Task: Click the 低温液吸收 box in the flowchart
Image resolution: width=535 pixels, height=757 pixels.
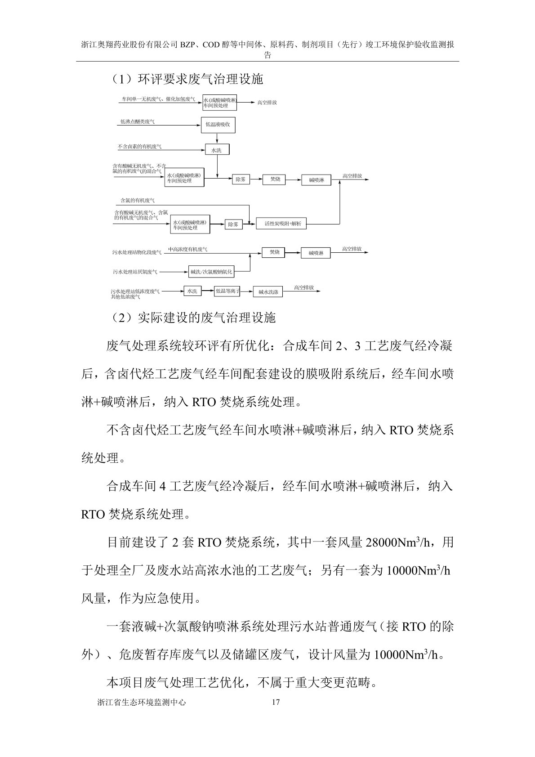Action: pyautogui.click(x=218, y=124)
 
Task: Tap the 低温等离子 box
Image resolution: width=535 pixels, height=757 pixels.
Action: pyautogui.click(x=227, y=291)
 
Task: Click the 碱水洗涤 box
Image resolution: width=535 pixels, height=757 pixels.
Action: pyautogui.click(x=268, y=292)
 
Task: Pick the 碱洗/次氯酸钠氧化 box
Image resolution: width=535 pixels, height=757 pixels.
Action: pyautogui.click(x=211, y=272)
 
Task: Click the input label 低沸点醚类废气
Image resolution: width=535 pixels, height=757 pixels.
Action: pyautogui.click(x=138, y=122)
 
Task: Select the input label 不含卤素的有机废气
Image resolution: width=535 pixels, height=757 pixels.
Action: pyautogui.click(x=139, y=147)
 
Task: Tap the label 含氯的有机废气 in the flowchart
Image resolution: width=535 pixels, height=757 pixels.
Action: pyautogui.click(x=137, y=200)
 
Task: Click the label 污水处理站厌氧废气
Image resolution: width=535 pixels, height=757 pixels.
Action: pyautogui.click(x=135, y=272)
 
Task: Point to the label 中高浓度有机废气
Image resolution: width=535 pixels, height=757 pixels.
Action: pyautogui.click(x=188, y=249)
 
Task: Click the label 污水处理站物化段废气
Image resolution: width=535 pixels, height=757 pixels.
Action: pyautogui.click(x=137, y=253)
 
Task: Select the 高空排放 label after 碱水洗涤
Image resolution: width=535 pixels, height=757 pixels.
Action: pyautogui.click(x=304, y=287)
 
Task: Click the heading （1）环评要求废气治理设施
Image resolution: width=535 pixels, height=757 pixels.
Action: pyautogui.click(x=185, y=80)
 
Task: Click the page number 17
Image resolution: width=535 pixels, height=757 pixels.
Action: pyautogui.click(x=276, y=715)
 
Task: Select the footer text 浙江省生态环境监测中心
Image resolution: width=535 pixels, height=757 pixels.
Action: pyautogui.click(x=141, y=715)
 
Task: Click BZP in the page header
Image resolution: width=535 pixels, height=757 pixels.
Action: pyautogui.click(x=187, y=45)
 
